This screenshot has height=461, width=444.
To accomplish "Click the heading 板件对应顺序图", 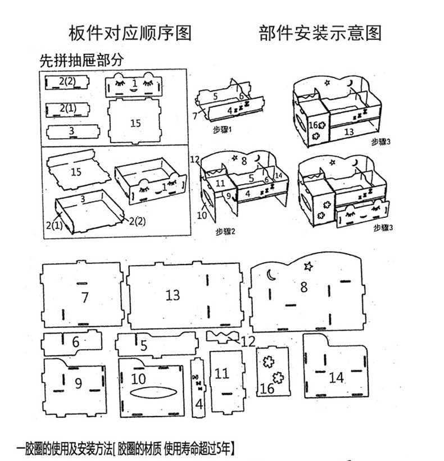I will [x=130, y=33].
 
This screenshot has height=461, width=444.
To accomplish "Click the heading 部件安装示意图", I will [x=320, y=33].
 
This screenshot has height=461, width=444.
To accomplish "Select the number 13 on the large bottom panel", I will [x=173, y=295].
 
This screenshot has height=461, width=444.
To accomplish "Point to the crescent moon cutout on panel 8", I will [x=271, y=275].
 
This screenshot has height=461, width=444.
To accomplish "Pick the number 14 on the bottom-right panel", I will [x=336, y=377].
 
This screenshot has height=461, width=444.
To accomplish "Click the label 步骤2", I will [x=226, y=231].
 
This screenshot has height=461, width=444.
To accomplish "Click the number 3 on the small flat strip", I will [x=71, y=131].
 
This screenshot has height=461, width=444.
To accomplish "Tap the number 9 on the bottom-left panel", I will [x=78, y=383].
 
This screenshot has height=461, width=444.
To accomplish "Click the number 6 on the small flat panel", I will [x=75, y=341].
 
